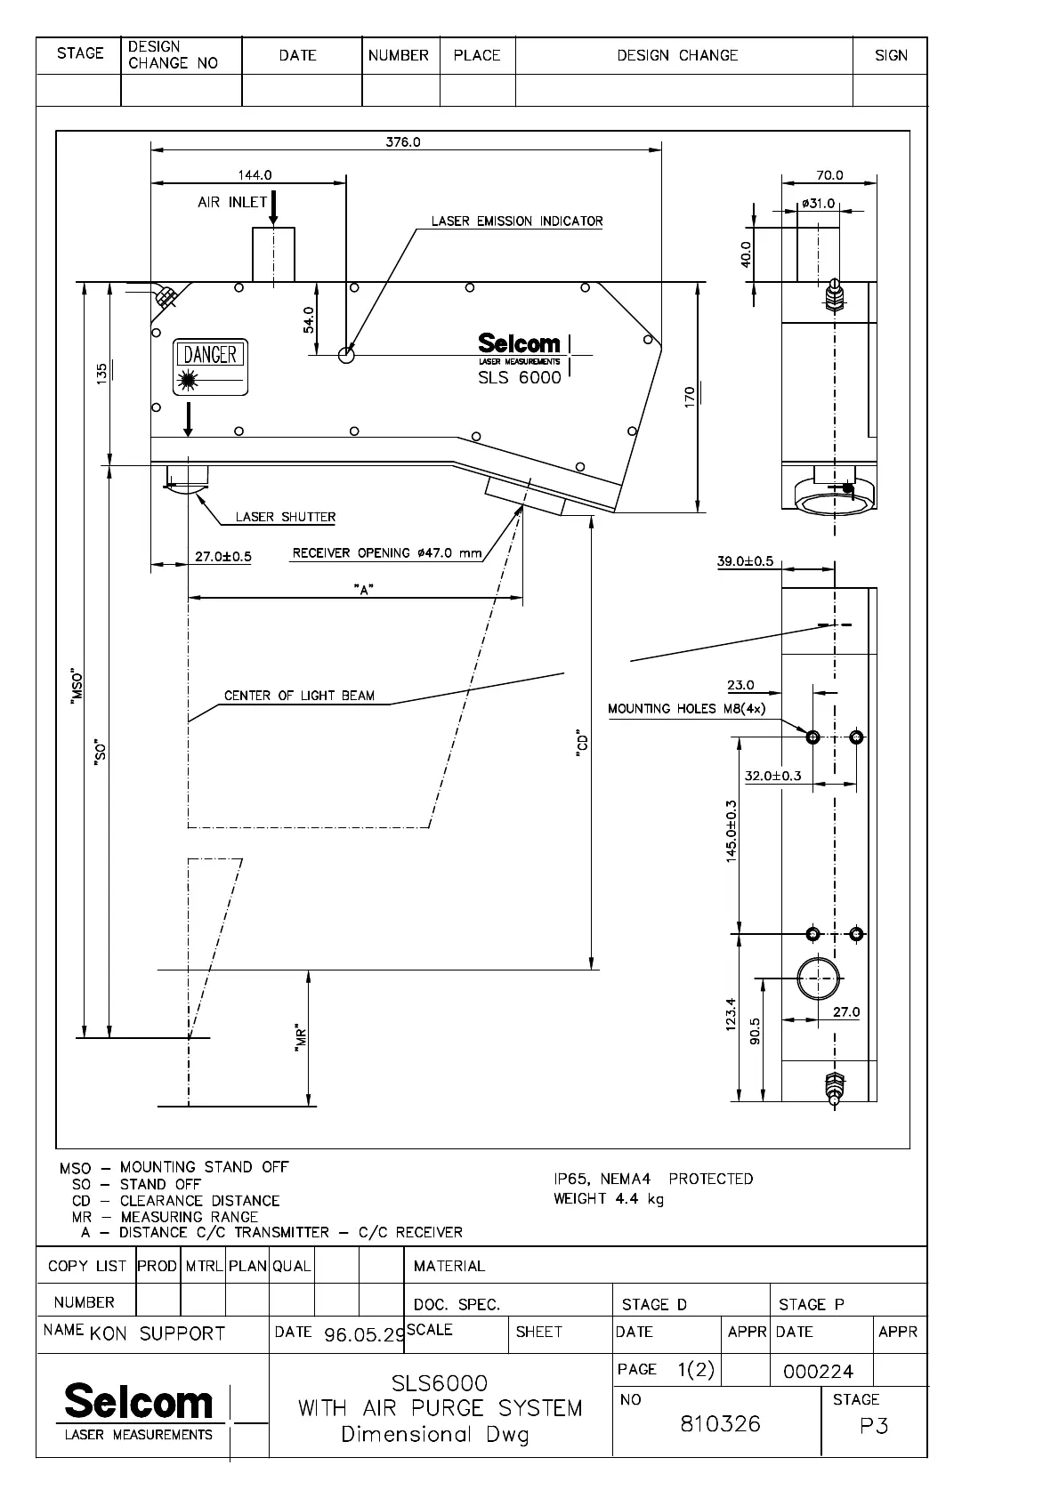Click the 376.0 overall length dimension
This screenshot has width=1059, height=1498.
click(402, 142)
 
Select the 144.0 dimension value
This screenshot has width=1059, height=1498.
click(255, 175)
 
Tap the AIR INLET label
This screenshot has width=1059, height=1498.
click(232, 202)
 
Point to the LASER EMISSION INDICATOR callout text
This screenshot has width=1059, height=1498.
click(517, 221)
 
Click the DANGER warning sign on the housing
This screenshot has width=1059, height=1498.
click(211, 366)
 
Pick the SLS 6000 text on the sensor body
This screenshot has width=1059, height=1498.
click(520, 377)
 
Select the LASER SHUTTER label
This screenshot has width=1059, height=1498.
click(286, 517)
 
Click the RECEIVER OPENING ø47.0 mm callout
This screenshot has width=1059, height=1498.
click(387, 553)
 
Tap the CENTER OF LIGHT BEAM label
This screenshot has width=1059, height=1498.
click(299, 696)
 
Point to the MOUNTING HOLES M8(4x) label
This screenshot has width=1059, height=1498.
click(686, 709)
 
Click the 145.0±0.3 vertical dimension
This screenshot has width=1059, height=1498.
click(732, 831)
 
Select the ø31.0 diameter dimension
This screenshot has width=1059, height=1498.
click(818, 204)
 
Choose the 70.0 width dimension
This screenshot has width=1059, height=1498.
click(829, 175)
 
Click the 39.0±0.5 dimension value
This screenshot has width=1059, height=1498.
click(745, 561)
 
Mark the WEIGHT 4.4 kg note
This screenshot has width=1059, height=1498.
click(609, 1199)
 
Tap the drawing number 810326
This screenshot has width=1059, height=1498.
click(721, 1424)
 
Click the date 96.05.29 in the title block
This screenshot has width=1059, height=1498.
click(365, 1335)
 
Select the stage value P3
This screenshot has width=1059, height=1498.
click(874, 1427)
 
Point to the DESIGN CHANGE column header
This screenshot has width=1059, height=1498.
click(677, 55)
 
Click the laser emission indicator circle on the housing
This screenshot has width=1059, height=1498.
click(346, 355)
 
